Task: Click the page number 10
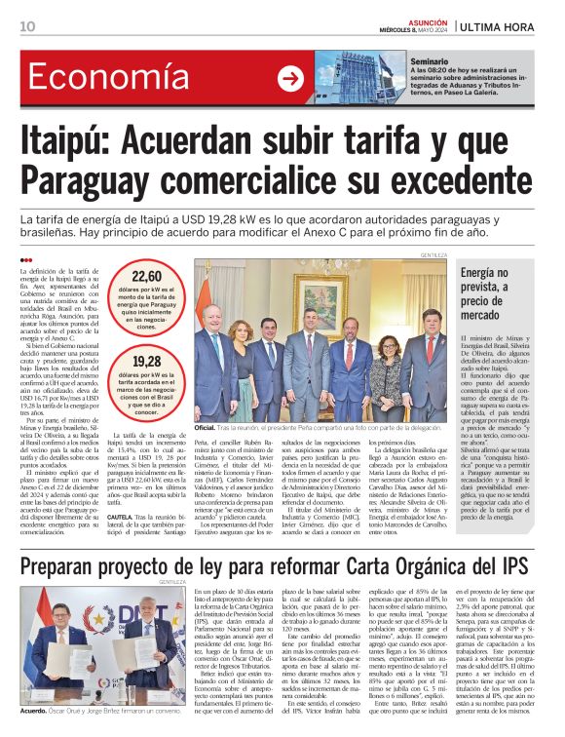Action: click(27, 26)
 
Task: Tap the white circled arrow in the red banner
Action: click(290, 79)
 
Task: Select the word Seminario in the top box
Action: click(430, 61)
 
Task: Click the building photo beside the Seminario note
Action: click(360, 78)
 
